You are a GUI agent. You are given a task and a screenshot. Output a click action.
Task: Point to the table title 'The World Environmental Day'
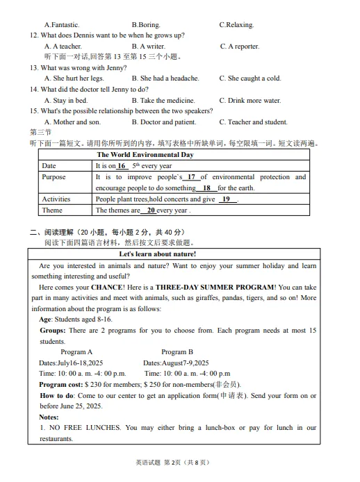click(x=145, y=155)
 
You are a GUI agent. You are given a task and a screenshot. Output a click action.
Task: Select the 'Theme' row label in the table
click(x=52, y=210)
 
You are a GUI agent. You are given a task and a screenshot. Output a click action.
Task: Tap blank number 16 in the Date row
click(x=122, y=166)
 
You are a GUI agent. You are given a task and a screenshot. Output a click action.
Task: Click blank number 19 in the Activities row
click(x=226, y=199)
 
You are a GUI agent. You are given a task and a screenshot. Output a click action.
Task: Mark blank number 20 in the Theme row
click(x=150, y=210)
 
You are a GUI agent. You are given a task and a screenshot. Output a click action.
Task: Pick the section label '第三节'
click(x=40, y=132)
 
